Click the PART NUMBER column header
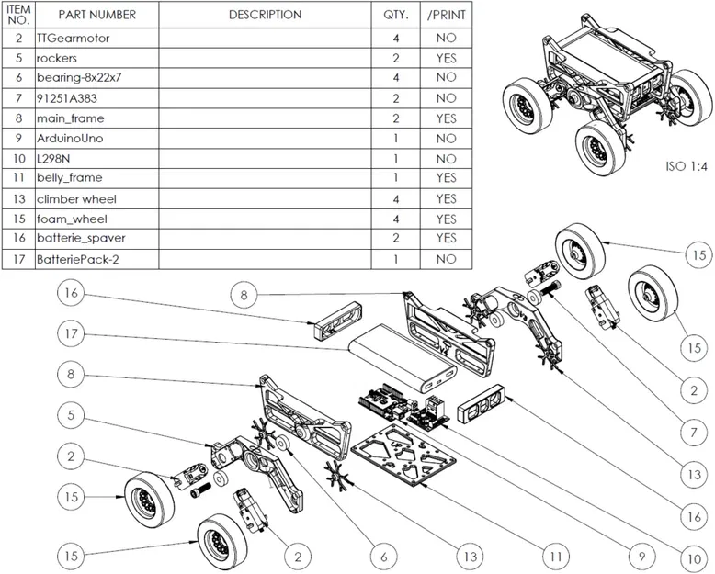(96, 15)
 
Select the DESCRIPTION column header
(265, 15)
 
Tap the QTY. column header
(395, 15)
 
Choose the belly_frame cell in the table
(70, 178)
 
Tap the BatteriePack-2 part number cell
(79, 259)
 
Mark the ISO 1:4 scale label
(685, 168)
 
